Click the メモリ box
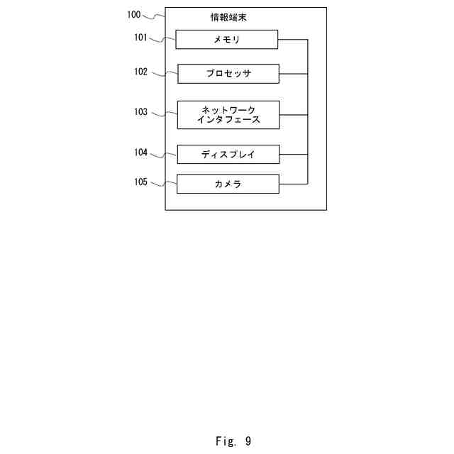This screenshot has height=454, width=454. click(x=226, y=40)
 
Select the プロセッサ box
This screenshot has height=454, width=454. click(x=228, y=74)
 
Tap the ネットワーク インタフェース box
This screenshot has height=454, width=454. click(x=228, y=115)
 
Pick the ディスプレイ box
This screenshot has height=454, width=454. click(x=228, y=154)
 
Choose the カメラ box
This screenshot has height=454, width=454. click(x=228, y=184)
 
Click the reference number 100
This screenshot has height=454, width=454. click(x=134, y=14)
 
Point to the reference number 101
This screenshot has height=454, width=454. click(x=140, y=38)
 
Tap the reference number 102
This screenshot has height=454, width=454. click(x=140, y=72)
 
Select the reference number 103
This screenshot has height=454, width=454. click(x=140, y=111)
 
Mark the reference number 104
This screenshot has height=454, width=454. click(x=140, y=152)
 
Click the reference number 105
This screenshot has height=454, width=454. click(x=140, y=182)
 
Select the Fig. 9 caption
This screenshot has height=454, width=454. click(x=233, y=441)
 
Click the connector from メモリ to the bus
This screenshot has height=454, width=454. click(x=293, y=40)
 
